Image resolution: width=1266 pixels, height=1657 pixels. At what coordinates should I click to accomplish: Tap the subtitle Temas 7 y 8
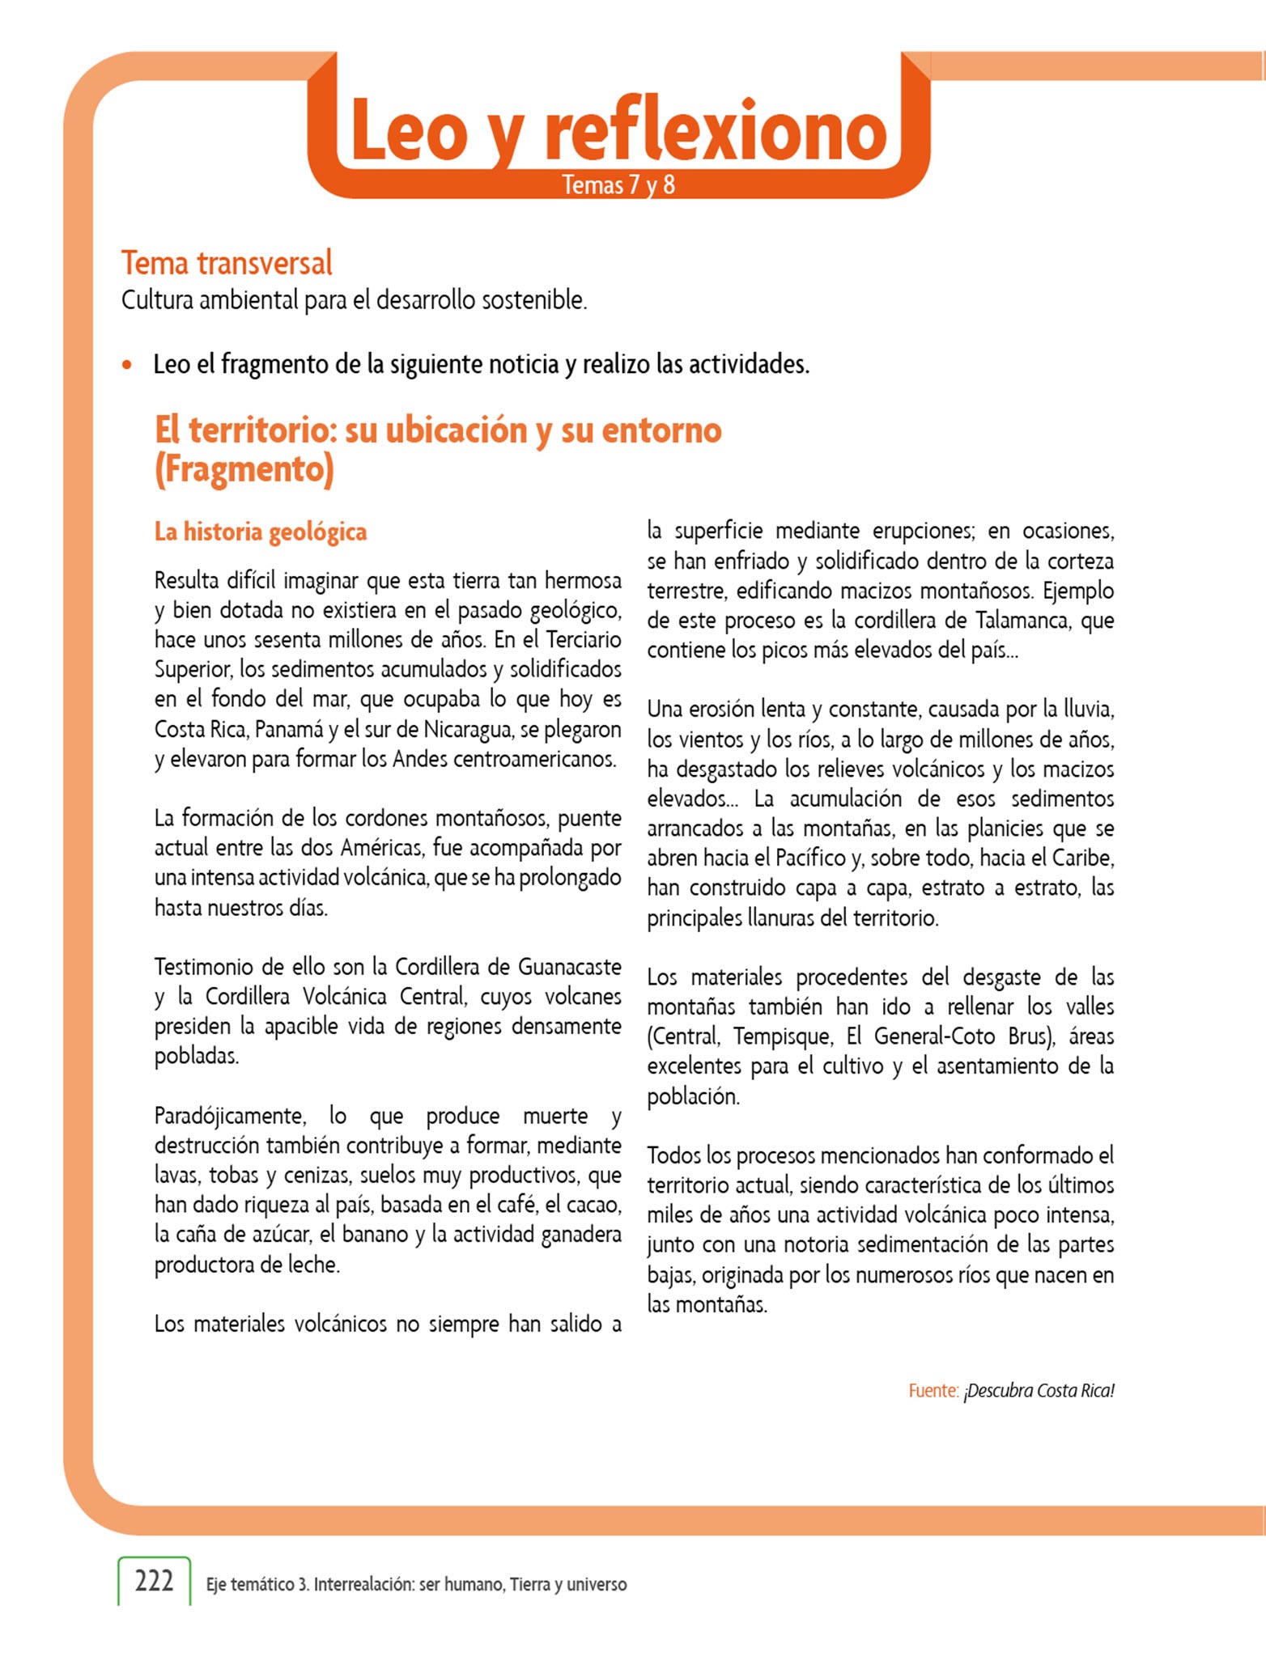(618, 185)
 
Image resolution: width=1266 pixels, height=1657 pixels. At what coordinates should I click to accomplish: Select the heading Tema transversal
(227, 263)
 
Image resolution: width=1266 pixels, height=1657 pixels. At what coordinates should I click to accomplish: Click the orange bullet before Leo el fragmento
(126, 365)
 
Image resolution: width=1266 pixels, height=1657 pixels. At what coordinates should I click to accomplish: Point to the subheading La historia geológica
(261, 532)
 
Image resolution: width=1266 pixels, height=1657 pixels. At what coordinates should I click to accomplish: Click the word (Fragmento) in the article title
(244, 469)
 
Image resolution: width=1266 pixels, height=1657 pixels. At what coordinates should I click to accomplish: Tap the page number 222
(154, 1580)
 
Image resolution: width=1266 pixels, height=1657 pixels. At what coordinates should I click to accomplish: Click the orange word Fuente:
(933, 1391)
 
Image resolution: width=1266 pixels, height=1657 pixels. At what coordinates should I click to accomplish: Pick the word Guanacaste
(569, 967)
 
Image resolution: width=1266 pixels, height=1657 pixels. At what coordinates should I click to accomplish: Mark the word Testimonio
(206, 967)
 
